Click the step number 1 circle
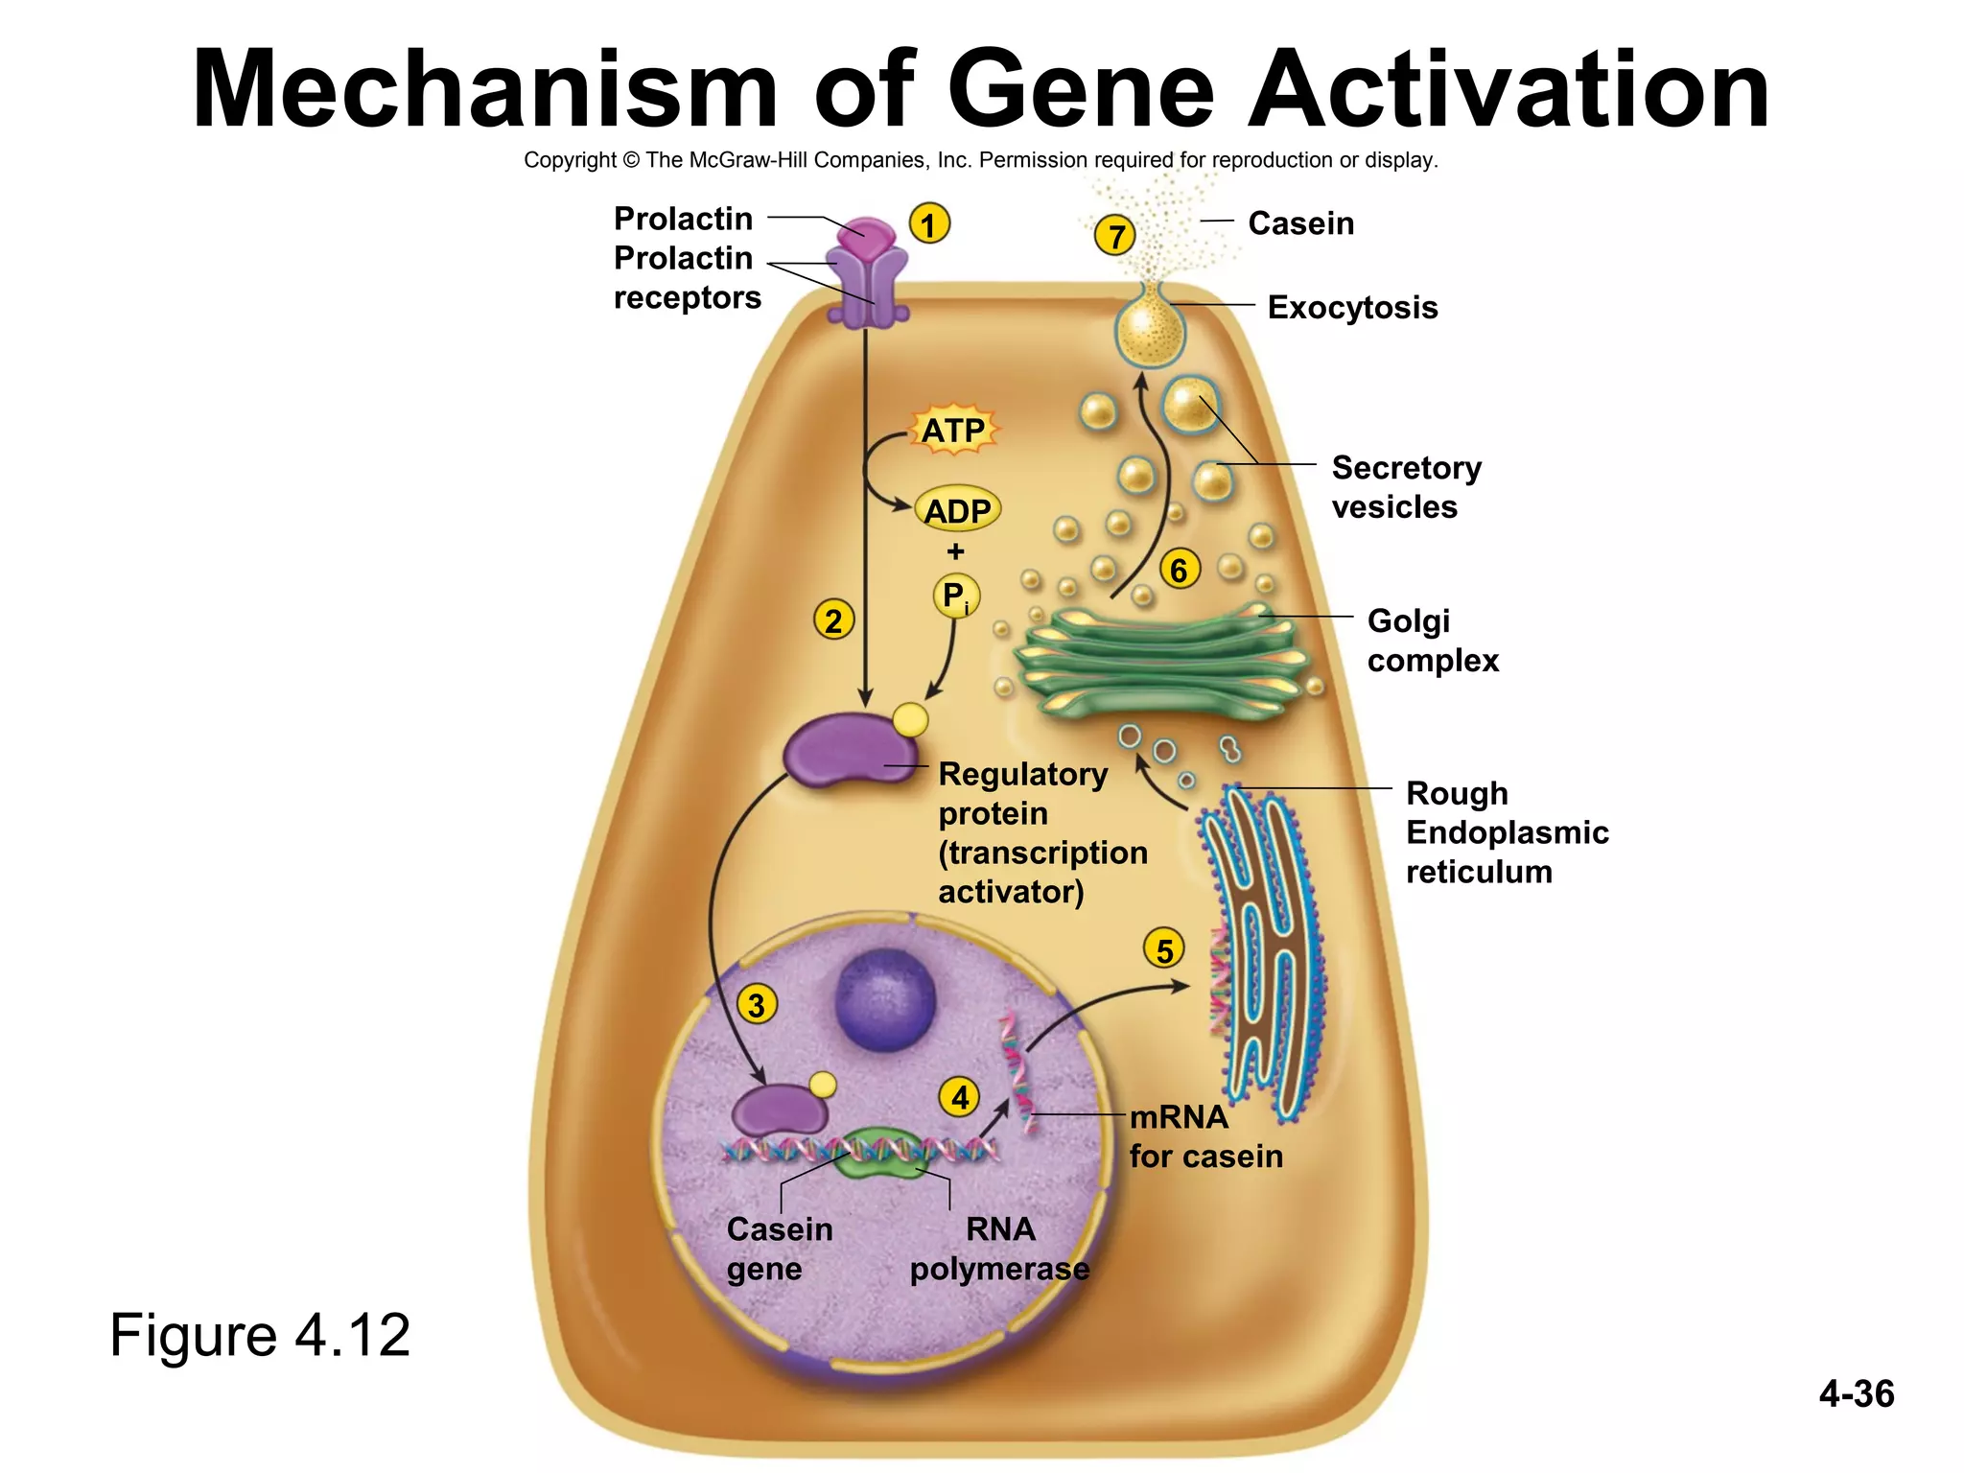coord(928,225)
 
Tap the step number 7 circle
coord(1115,236)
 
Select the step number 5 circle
coord(1164,949)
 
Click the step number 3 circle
coord(757,1005)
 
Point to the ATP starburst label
coord(952,431)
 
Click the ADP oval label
coord(957,511)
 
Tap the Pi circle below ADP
coord(956,596)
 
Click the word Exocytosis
coord(1352,308)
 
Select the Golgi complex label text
coord(1432,641)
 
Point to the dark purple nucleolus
coord(884,1000)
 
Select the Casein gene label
coord(779,1249)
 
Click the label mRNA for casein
coord(1204,1136)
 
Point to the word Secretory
coord(1406,468)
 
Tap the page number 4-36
coord(1856,1393)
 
